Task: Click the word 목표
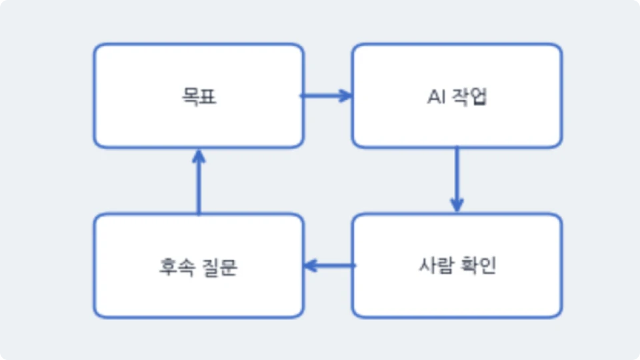[199, 97]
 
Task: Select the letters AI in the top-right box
[436, 97]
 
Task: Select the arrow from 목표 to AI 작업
[326, 96]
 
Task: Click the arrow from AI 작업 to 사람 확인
[457, 179]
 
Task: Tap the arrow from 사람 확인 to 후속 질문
[330, 266]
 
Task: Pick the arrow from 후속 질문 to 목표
[199, 181]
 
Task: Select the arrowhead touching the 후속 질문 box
[311, 266]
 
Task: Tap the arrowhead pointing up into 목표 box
[199, 156]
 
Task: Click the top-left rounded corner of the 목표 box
[97, 47]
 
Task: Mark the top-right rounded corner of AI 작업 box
[559, 47]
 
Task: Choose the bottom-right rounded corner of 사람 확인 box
[559, 313]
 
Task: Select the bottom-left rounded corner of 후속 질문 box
[97, 313]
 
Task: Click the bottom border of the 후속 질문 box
[199, 316]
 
